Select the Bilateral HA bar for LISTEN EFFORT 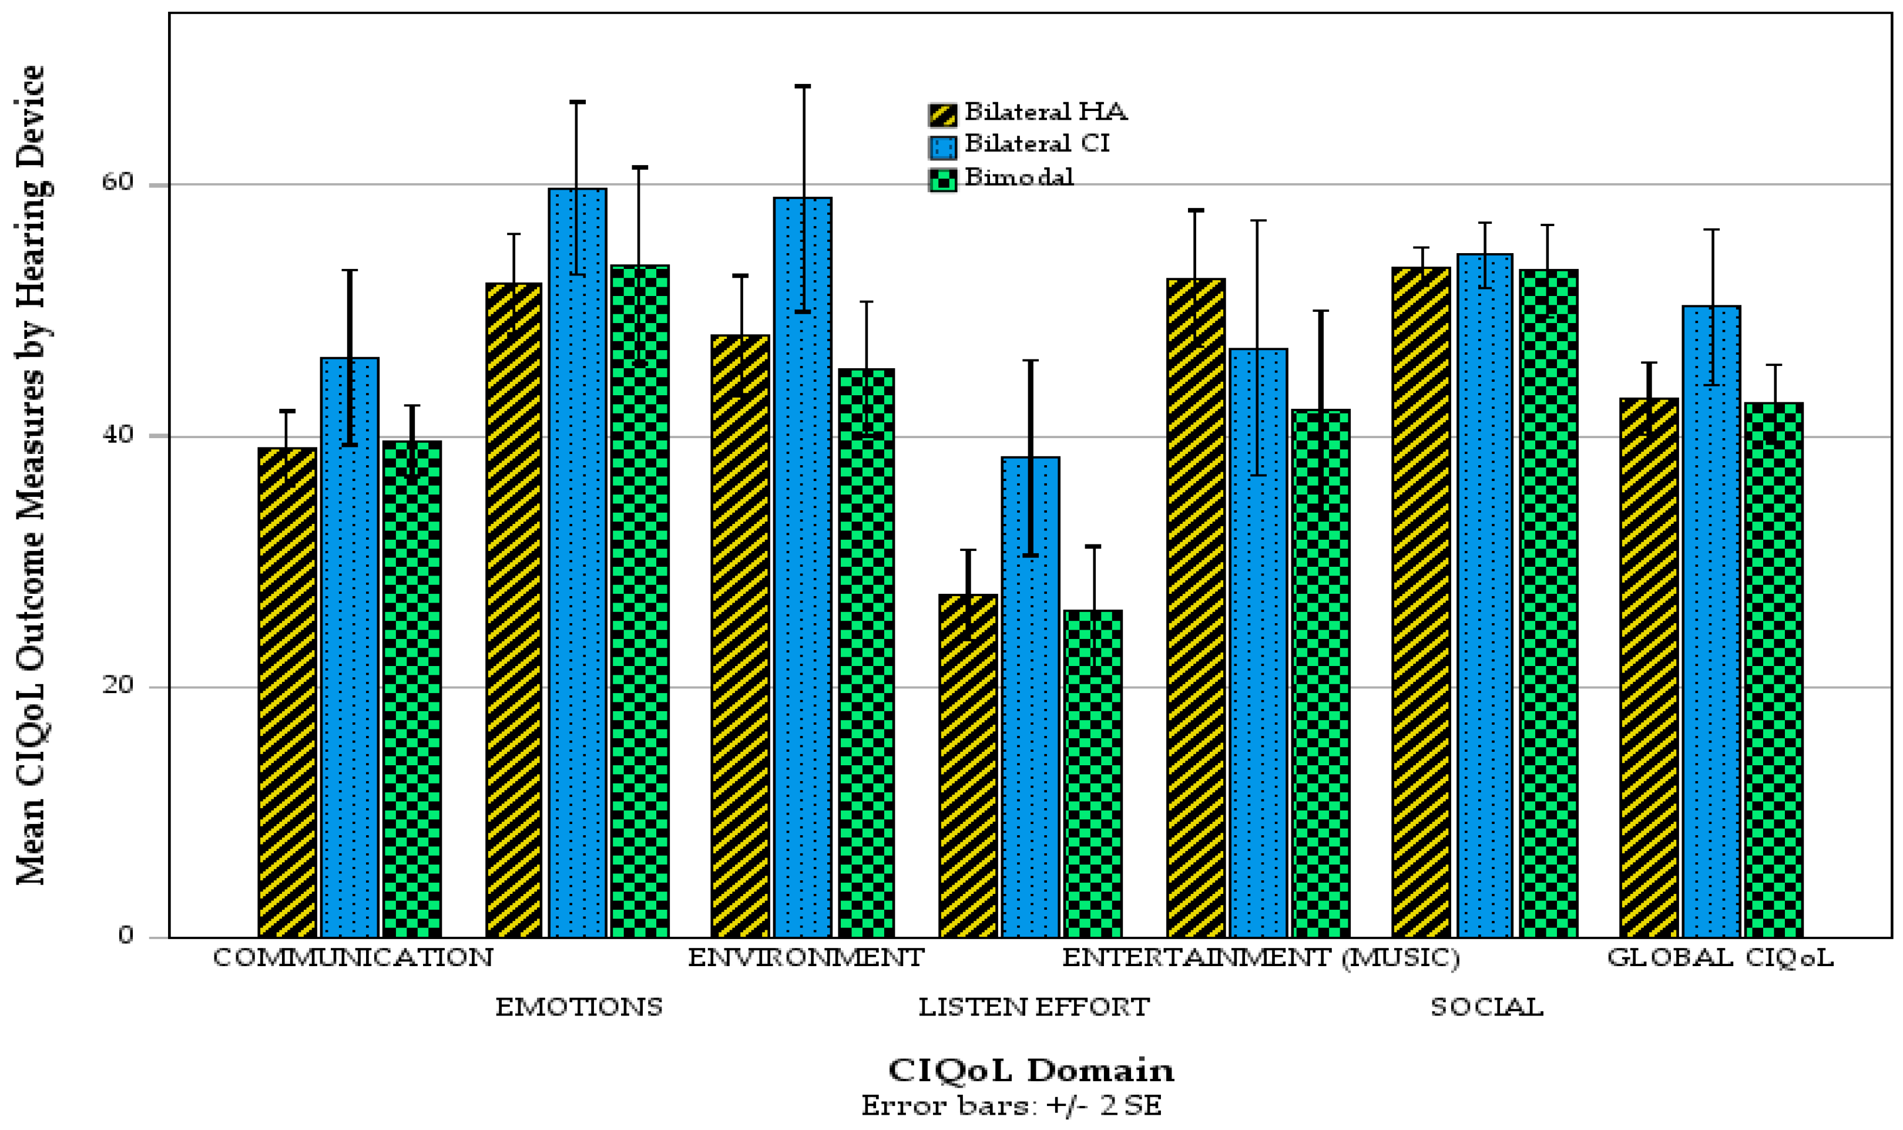(x=967, y=766)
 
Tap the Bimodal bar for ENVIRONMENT (x=866, y=653)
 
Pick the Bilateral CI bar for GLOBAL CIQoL (x=1711, y=621)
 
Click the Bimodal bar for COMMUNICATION (x=412, y=689)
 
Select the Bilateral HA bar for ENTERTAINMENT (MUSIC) (x=1196, y=608)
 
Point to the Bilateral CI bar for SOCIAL (x=1485, y=596)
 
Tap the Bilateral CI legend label (x=1037, y=144)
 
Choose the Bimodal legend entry (x=1001, y=178)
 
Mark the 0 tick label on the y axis (x=126, y=936)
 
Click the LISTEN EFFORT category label (x=1033, y=1007)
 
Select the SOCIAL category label (x=1486, y=1007)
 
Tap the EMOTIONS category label (x=579, y=1007)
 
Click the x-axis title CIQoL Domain (x=1031, y=1071)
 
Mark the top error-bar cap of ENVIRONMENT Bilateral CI (x=803, y=86)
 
